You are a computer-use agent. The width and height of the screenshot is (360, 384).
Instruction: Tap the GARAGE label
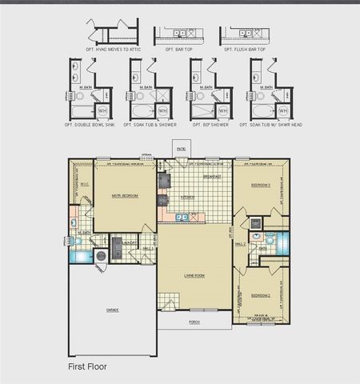pyautogui.click(x=113, y=310)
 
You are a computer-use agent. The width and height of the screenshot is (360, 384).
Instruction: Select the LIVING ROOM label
pyautogui.click(x=194, y=276)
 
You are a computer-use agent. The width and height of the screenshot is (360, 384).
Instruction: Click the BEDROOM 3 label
pyautogui.click(x=261, y=185)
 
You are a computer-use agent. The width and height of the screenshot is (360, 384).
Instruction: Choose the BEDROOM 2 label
pyautogui.click(x=261, y=295)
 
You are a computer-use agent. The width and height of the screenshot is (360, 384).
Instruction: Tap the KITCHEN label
pyautogui.click(x=187, y=197)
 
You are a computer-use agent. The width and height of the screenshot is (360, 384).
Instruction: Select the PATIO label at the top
pyautogui.click(x=182, y=149)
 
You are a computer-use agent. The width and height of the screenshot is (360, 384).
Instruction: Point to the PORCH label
pyautogui.click(x=194, y=322)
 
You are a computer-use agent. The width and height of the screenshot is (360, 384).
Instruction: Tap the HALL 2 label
pyautogui.click(x=240, y=244)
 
